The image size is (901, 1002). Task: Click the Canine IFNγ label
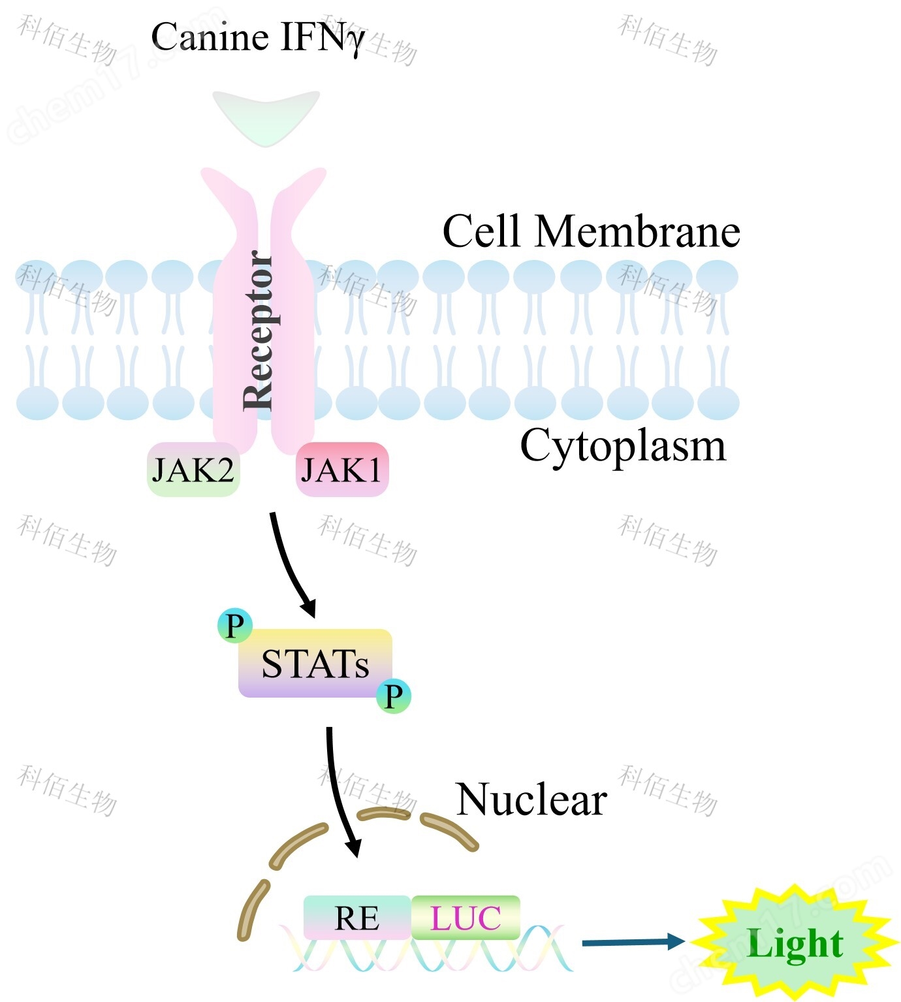point(257,37)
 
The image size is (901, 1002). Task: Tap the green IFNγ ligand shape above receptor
point(266,116)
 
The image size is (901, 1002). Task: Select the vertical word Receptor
point(258,331)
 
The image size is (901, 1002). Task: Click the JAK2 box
point(193,470)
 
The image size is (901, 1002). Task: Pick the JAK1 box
point(342,470)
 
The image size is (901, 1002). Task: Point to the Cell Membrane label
point(591,231)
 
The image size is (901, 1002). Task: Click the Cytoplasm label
point(622,446)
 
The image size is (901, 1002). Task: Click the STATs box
point(315,664)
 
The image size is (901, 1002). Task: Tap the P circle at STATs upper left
point(234,625)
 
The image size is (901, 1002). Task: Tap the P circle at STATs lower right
point(394,696)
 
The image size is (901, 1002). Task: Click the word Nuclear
point(531,800)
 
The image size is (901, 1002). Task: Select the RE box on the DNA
point(356,918)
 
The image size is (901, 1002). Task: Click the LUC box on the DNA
point(466,918)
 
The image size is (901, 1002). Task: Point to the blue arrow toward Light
point(632,941)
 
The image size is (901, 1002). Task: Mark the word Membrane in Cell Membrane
point(637,231)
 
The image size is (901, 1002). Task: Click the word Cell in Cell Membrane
point(482,231)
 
